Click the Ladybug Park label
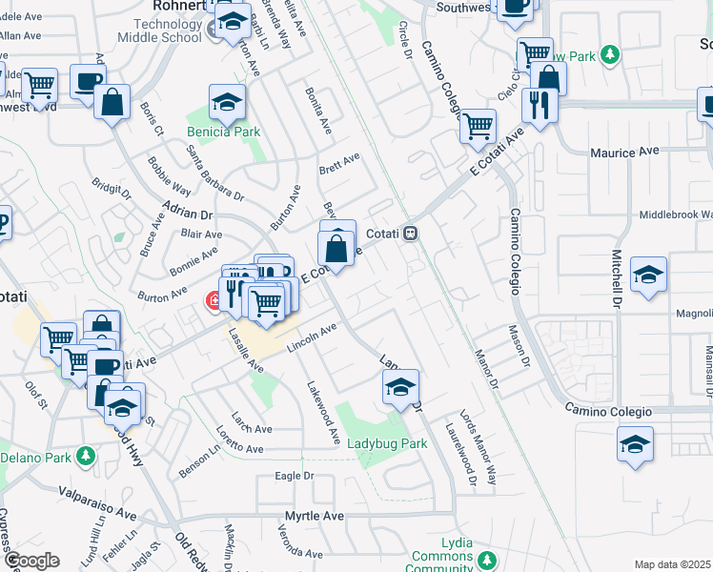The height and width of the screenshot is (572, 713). tap(387, 443)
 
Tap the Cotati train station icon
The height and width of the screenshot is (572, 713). tap(411, 233)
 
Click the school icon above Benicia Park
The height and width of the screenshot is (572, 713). tap(228, 102)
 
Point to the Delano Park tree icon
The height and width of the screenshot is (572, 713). tap(86, 456)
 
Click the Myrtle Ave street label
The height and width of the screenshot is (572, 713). tap(314, 516)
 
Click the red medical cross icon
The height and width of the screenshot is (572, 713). tap(214, 301)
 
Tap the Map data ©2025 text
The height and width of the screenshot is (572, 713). tap(673, 564)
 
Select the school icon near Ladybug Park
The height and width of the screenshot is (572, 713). tap(400, 388)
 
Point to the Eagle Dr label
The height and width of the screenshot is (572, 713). tap(294, 475)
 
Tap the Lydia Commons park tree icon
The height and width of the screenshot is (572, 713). tap(487, 558)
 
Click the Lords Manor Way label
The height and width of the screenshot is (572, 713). tap(479, 448)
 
